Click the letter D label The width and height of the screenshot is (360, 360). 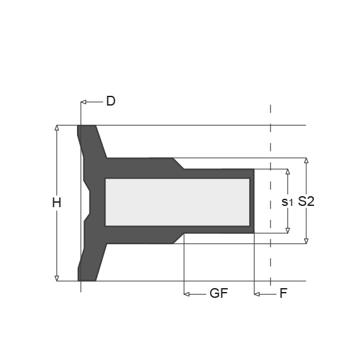[111, 101]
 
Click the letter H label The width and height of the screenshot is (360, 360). [56, 203]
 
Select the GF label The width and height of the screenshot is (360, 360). [219, 293]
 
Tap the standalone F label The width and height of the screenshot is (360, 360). [284, 293]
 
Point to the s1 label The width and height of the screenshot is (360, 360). [287, 202]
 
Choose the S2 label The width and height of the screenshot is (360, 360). [306, 201]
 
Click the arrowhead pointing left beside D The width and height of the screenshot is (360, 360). [84, 102]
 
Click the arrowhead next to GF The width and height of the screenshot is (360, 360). [187, 294]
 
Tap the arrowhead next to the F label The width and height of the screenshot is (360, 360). [257, 294]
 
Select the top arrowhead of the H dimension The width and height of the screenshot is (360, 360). [57, 128]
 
